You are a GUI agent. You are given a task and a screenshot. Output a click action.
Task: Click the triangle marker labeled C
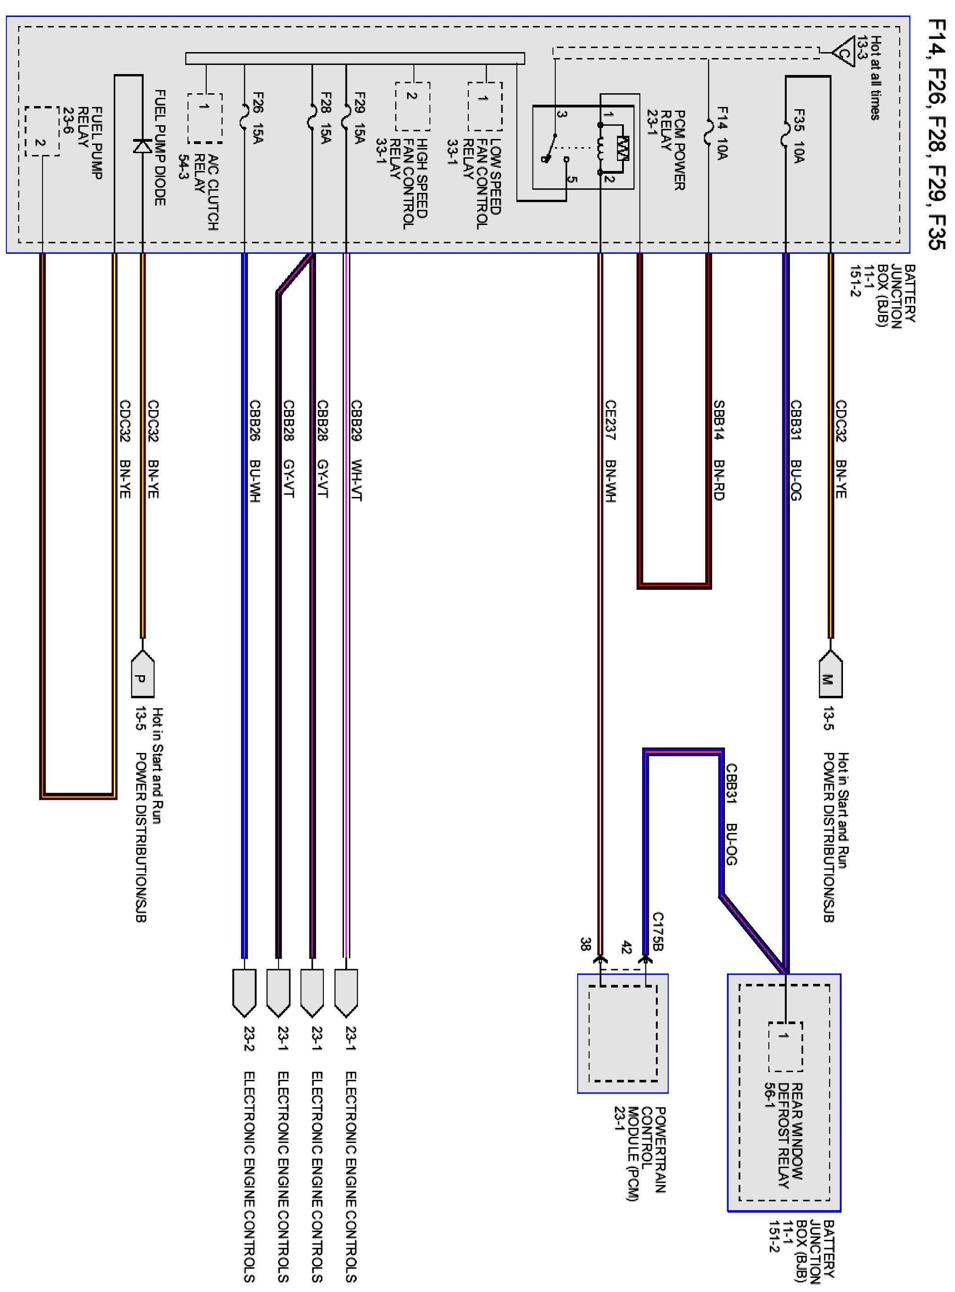844,53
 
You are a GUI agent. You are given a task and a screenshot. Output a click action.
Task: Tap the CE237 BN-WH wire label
610,451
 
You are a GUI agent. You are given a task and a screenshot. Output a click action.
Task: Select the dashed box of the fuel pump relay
42,131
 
